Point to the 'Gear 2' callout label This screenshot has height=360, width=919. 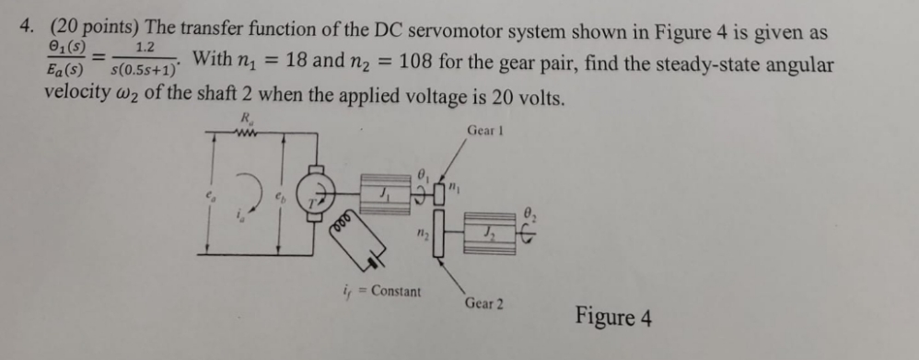click(x=484, y=303)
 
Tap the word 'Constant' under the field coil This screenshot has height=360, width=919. click(x=395, y=292)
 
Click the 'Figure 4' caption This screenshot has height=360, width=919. click(x=614, y=319)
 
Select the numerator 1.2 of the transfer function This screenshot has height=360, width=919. click(x=144, y=47)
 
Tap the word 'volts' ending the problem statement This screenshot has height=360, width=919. click(x=534, y=99)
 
